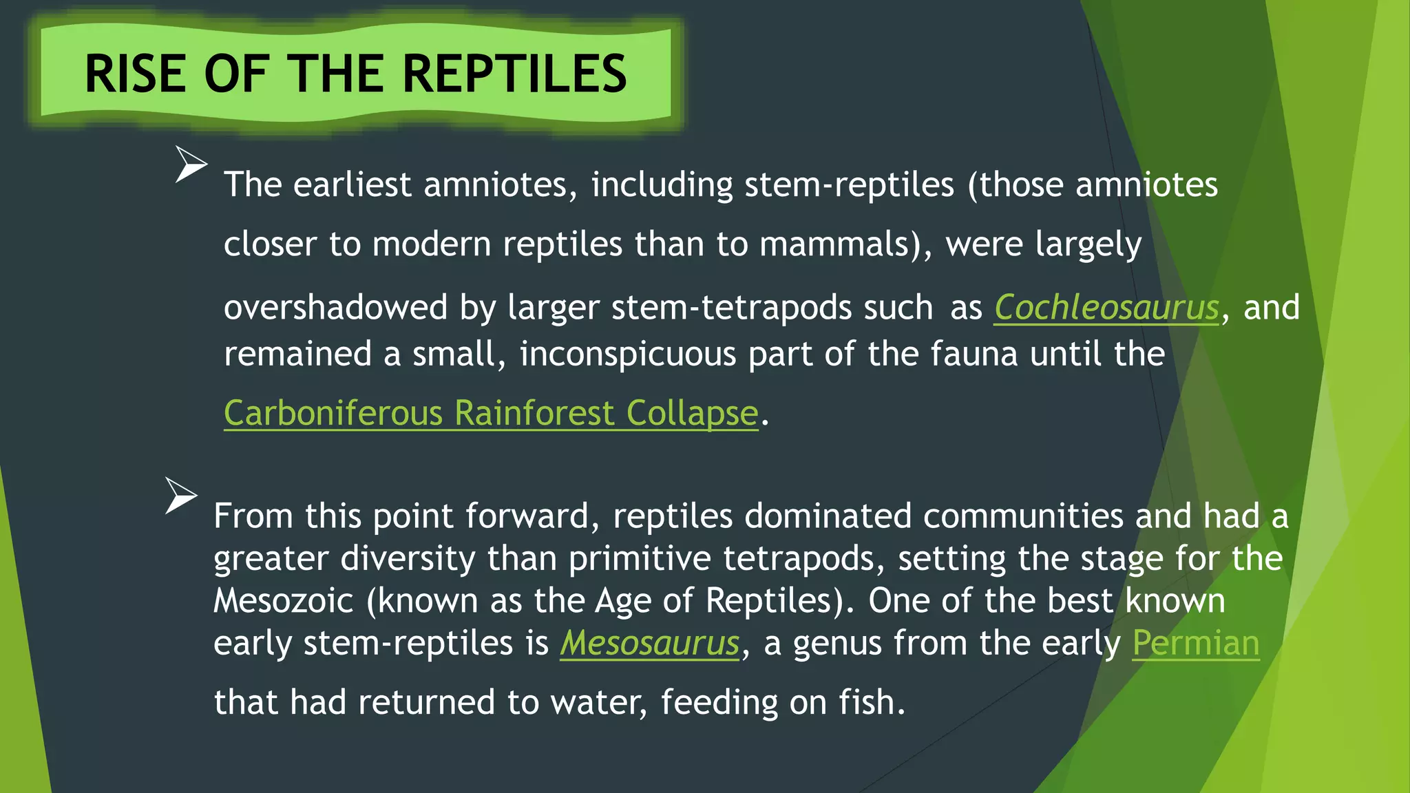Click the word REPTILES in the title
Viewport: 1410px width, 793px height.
[x=514, y=74]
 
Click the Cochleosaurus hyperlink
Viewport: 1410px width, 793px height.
[x=1106, y=307]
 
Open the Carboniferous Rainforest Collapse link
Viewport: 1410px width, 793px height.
[x=491, y=413]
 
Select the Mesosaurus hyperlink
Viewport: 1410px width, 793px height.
[x=649, y=643]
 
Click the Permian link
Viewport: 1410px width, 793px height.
[x=1196, y=643]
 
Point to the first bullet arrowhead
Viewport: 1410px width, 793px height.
[x=190, y=164]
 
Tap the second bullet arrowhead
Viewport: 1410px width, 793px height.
[x=180, y=495]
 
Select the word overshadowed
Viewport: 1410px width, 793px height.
[x=335, y=307]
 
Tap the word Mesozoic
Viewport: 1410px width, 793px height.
[x=283, y=600]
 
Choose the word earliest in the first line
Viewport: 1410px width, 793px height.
[x=352, y=184]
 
